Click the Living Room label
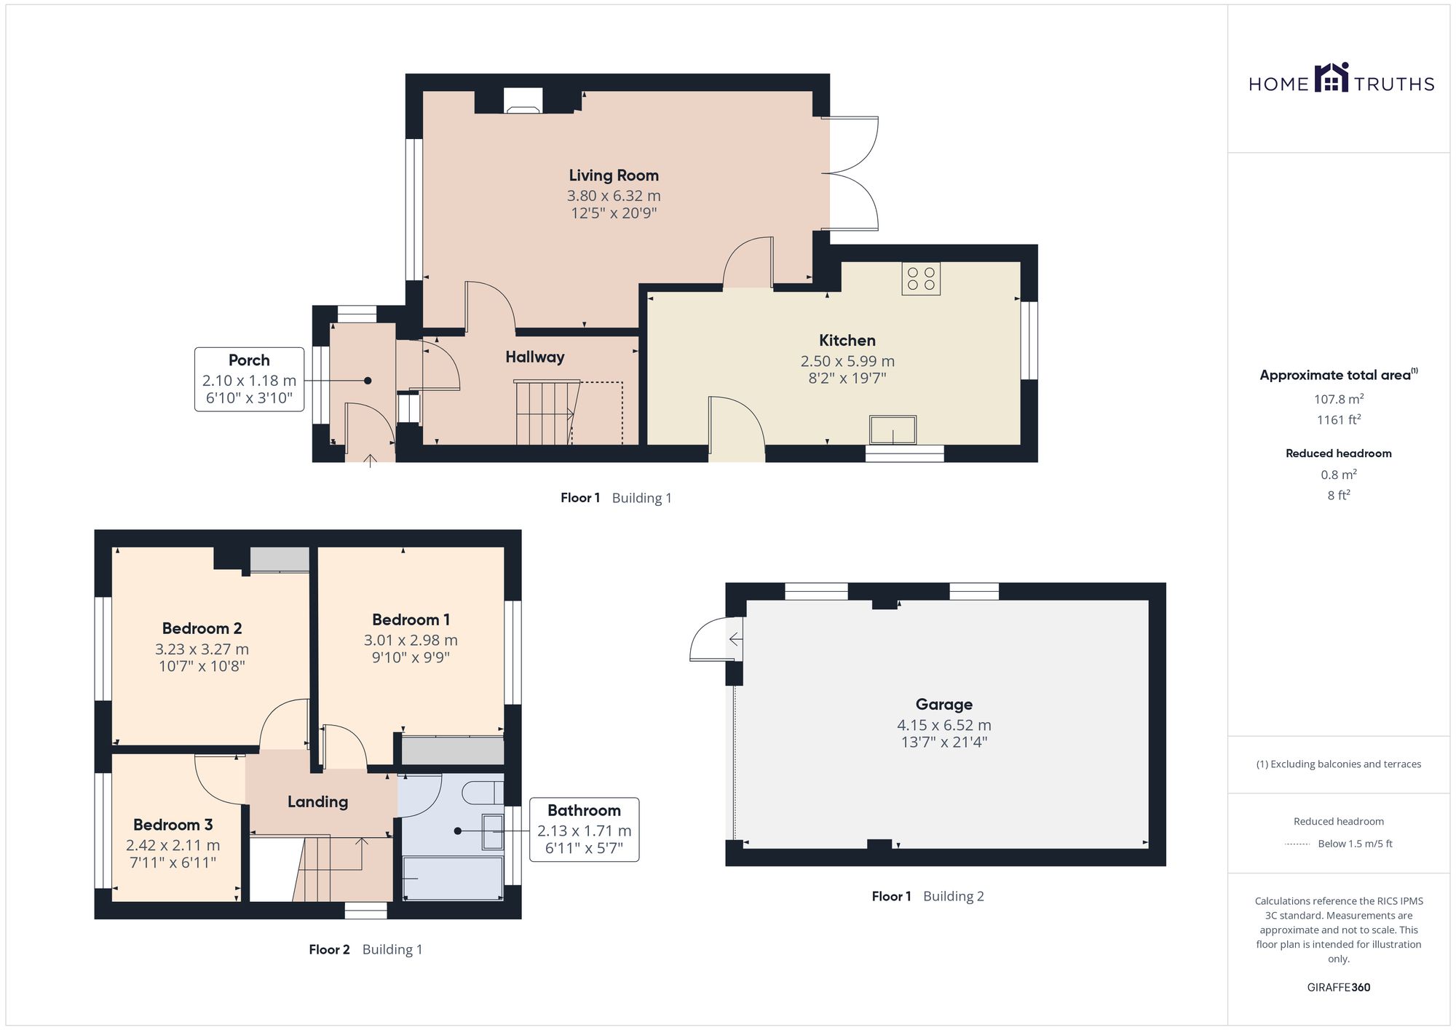pos(614,175)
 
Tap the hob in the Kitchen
pos(921,279)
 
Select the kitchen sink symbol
pos(893,429)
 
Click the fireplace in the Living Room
pos(523,100)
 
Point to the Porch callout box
pos(249,379)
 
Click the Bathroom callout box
pos(584,830)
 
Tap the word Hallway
pos(535,357)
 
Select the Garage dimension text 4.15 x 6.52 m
pos(944,725)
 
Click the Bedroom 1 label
pos(411,619)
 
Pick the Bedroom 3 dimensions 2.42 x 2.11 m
pos(173,845)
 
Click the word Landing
pos(317,802)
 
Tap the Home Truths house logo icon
pos(1332,78)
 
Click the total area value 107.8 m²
pos(1339,399)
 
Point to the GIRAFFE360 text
pos(1339,988)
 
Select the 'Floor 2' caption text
pos(329,949)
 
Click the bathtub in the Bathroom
pos(451,879)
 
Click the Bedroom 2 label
pos(202,628)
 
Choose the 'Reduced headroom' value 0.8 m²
pos(1339,475)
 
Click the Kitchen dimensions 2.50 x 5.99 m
pos(847,361)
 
